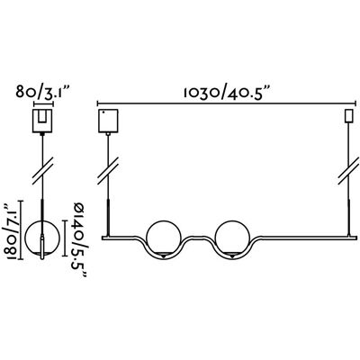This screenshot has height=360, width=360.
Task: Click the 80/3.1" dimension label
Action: click(43, 92)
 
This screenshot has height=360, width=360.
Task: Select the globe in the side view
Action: click(42, 238)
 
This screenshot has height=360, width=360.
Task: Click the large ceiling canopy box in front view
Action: click(108, 121)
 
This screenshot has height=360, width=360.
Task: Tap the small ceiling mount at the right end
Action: click(348, 116)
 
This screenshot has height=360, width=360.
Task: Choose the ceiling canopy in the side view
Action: click(42, 121)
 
